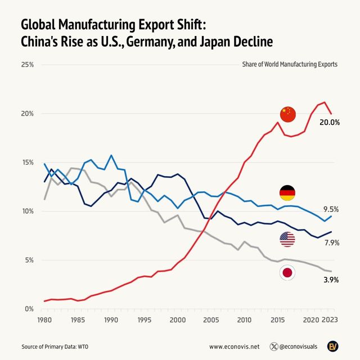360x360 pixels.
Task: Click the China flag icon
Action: tap(287, 114)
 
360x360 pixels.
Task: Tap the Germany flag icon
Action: tap(287, 193)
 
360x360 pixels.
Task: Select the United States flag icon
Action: tap(287, 239)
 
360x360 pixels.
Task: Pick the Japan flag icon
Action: tap(287, 273)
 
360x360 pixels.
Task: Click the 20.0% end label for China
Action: tap(329, 121)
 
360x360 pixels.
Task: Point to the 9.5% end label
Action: tap(330, 209)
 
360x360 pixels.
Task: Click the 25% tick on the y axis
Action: tap(27, 65)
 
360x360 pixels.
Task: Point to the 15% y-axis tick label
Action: tap(27, 163)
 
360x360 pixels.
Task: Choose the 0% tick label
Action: tap(29, 309)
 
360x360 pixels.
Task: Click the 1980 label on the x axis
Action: tap(44, 320)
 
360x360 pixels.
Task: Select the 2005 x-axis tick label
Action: tap(211, 320)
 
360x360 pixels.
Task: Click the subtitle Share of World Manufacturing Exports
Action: tap(290, 64)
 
